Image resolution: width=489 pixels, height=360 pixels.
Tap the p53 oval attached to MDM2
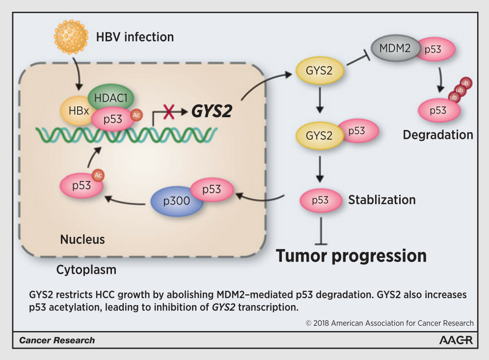(435, 50)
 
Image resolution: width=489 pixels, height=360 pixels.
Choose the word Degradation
(438, 134)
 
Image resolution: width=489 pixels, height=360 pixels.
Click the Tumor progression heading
(351, 256)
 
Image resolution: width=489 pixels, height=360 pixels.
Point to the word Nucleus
(82, 239)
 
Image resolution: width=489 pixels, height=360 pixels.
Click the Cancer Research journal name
(57, 340)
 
